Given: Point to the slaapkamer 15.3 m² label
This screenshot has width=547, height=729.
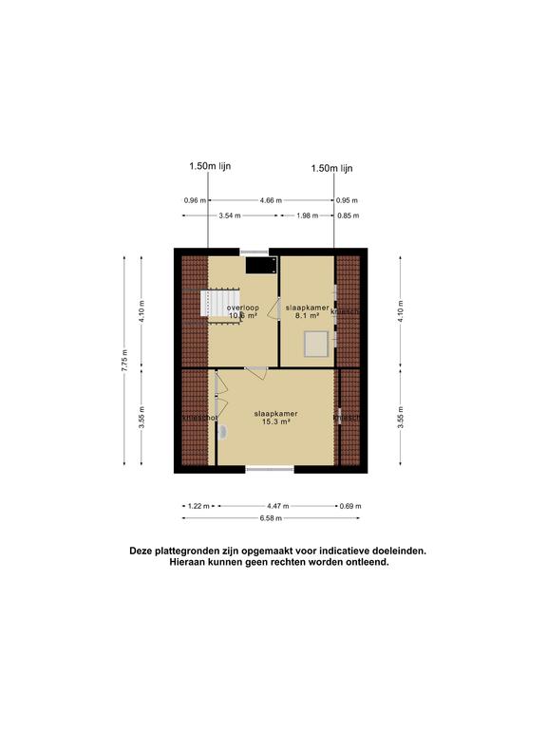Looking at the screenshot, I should (275, 419).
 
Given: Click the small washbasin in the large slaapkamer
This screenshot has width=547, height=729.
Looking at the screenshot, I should (224, 432).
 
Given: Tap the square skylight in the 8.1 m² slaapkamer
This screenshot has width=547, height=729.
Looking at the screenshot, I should (313, 344).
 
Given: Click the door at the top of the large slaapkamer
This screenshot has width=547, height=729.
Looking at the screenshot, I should (256, 372).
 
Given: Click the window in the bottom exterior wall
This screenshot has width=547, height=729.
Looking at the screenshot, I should (271, 469).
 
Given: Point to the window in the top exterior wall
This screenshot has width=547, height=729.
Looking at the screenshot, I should (254, 251).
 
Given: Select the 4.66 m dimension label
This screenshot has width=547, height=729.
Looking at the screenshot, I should (272, 200).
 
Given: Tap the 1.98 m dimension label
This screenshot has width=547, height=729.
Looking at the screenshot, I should (306, 215).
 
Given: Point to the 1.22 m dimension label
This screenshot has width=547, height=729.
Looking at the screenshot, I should (197, 506).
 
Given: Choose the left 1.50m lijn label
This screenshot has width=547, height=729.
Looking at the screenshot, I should (209, 166).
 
